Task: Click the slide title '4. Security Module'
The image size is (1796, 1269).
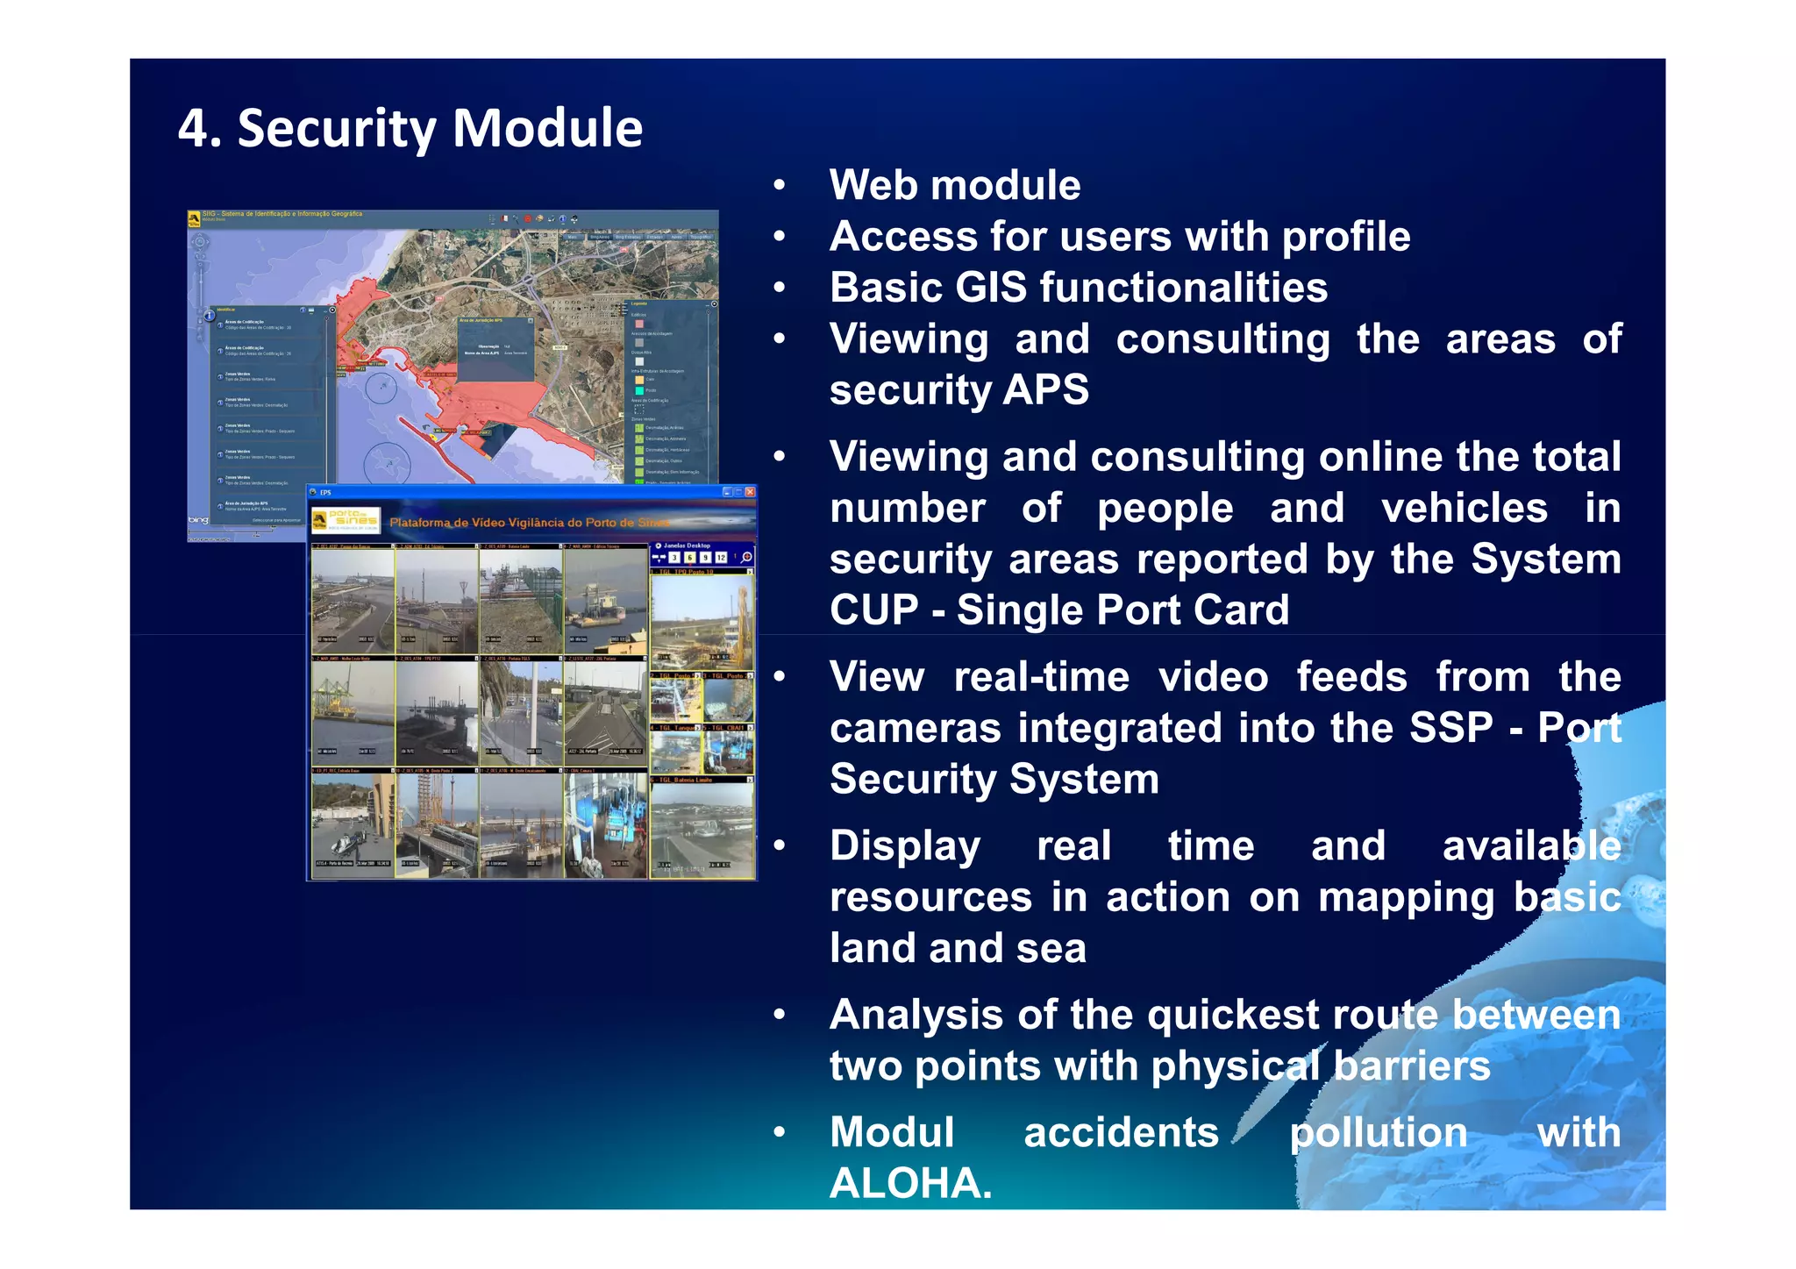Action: [410, 128]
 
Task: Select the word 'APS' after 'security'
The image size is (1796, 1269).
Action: [1047, 389]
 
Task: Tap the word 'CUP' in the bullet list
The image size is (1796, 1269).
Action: [873, 610]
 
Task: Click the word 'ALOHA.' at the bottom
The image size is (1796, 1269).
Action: [910, 1183]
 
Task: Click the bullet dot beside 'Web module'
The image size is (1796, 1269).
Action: [779, 186]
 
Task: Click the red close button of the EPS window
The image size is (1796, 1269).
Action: [750, 492]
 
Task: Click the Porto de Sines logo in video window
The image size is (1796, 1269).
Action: [346, 520]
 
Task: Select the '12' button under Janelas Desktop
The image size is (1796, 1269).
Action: [721, 558]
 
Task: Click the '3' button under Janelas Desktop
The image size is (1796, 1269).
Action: [673, 558]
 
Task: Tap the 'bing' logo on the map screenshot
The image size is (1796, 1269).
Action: [199, 520]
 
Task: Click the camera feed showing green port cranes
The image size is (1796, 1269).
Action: [353, 711]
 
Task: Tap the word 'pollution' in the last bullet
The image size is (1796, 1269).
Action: [1378, 1132]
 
